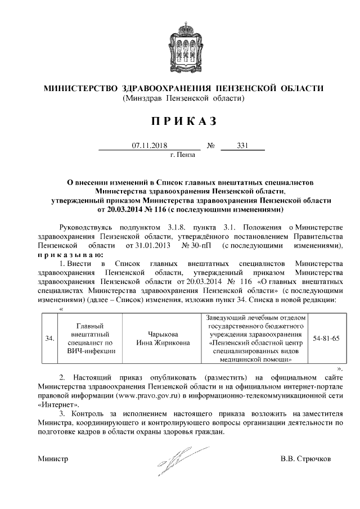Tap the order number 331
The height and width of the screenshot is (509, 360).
[242, 145]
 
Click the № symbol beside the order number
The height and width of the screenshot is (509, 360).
[211, 145]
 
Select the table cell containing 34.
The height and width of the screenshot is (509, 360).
[49, 339]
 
